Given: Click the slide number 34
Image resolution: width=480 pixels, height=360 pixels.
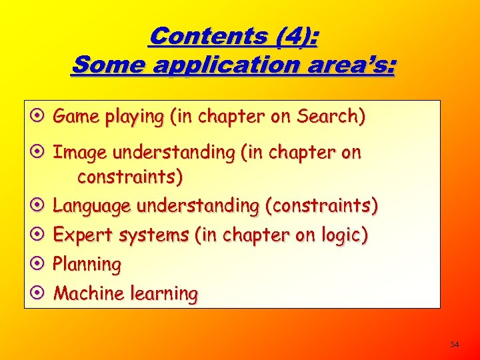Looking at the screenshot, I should pyautogui.click(x=454, y=345).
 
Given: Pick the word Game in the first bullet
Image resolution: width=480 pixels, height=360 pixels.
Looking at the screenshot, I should pyautogui.click(x=75, y=117).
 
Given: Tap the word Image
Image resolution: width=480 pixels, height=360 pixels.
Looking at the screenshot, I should pyautogui.click(x=81, y=153).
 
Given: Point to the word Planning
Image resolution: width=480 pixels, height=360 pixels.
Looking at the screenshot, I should pyautogui.click(x=87, y=265).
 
